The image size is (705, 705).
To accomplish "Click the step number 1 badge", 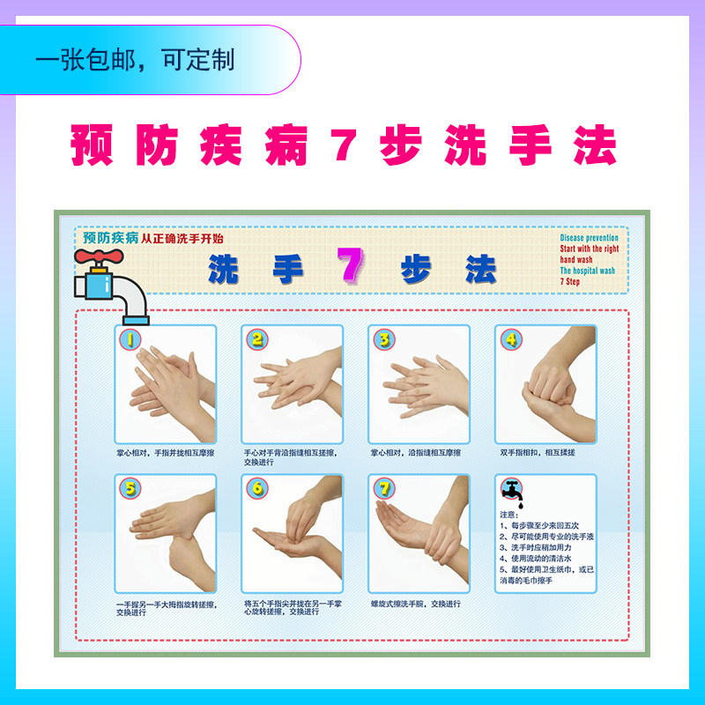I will pos(130,339).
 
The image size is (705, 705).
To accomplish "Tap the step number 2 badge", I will pos(256,339).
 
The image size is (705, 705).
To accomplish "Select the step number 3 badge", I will pos(383,339).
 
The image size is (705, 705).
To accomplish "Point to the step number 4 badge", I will pos(511,339).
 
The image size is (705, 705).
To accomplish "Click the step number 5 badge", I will pos(130,489).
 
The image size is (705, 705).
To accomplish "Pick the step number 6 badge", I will pos(256,489).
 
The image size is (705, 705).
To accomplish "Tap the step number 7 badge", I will pos(383,489).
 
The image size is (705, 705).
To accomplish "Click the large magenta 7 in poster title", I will pos(350,265).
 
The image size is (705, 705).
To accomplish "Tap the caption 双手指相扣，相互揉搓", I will pos(538,453).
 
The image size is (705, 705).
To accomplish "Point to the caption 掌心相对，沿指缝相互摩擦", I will pos(415,453).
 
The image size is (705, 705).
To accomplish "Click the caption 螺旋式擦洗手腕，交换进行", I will pos(415,604).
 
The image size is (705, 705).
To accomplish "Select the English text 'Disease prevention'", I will pos(589,238).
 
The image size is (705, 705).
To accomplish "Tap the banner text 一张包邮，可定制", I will pos(135,60).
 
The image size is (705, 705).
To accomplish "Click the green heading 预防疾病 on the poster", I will pos(110,238).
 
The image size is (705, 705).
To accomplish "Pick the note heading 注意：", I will pos(509,515).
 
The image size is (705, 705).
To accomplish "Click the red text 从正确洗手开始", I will pos(182,238).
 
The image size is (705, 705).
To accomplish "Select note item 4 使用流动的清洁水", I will pos(540,559).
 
